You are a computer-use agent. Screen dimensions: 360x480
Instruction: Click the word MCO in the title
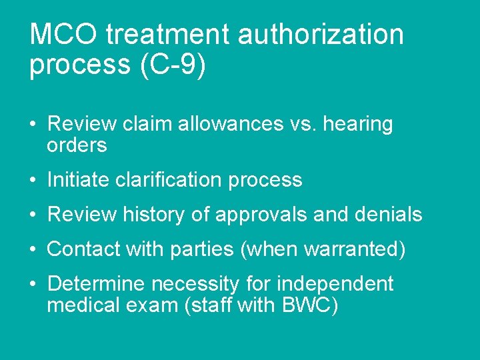63,35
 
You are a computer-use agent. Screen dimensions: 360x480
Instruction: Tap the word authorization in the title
321,35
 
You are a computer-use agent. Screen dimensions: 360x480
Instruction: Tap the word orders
77,145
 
